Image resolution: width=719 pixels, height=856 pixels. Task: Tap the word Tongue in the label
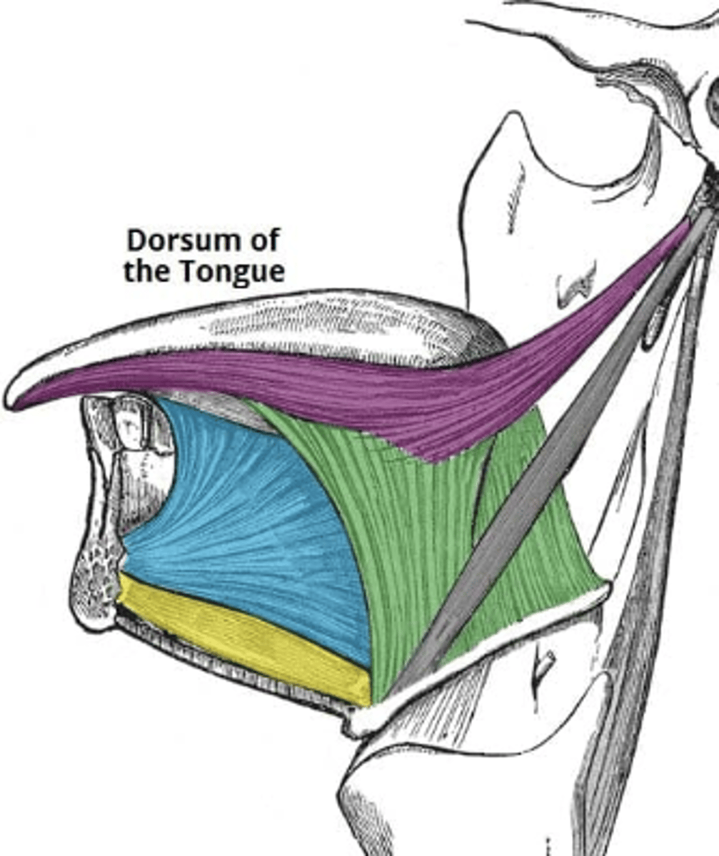pyautogui.click(x=233, y=272)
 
